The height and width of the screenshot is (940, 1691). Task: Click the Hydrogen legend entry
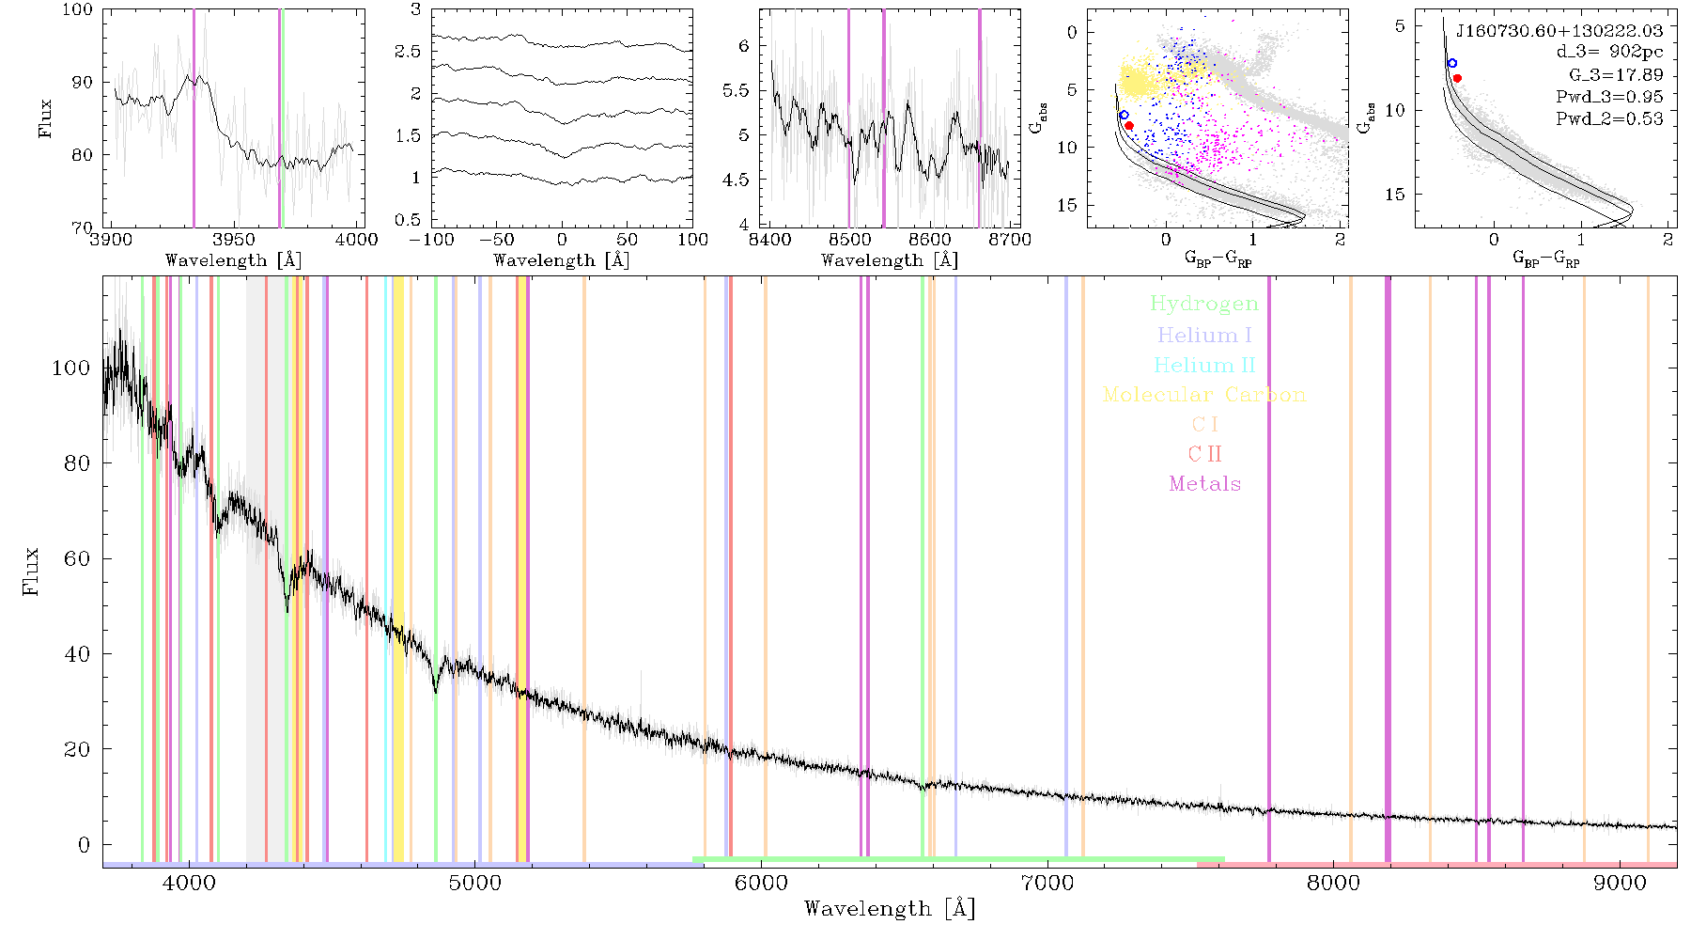tap(1204, 304)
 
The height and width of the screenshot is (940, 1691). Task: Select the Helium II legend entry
tap(1204, 365)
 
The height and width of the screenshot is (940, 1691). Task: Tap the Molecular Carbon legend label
tap(1204, 395)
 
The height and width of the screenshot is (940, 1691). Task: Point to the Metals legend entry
tap(1205, 483)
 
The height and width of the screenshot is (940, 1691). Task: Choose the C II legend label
tap(1205, 454)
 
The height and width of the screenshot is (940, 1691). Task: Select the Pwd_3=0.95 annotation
tap(1609, 97)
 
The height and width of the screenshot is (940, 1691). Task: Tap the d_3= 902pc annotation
tap(1609, 53)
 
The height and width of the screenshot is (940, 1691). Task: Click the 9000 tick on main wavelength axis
tap(1619, 883)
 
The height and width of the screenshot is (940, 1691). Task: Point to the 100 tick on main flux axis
tap(70, 368)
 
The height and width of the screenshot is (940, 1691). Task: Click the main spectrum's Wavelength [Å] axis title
tap(890, 909)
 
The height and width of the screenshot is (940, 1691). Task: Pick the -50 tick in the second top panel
tap(496, 240)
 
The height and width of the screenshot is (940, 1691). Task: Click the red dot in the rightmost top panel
tap(1457, 78)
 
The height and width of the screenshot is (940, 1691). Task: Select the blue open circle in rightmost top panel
tap(1451, 63)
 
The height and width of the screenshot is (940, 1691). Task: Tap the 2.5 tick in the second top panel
tap(408, 51)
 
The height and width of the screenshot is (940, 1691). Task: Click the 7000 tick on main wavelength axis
tap(1047, 883)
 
